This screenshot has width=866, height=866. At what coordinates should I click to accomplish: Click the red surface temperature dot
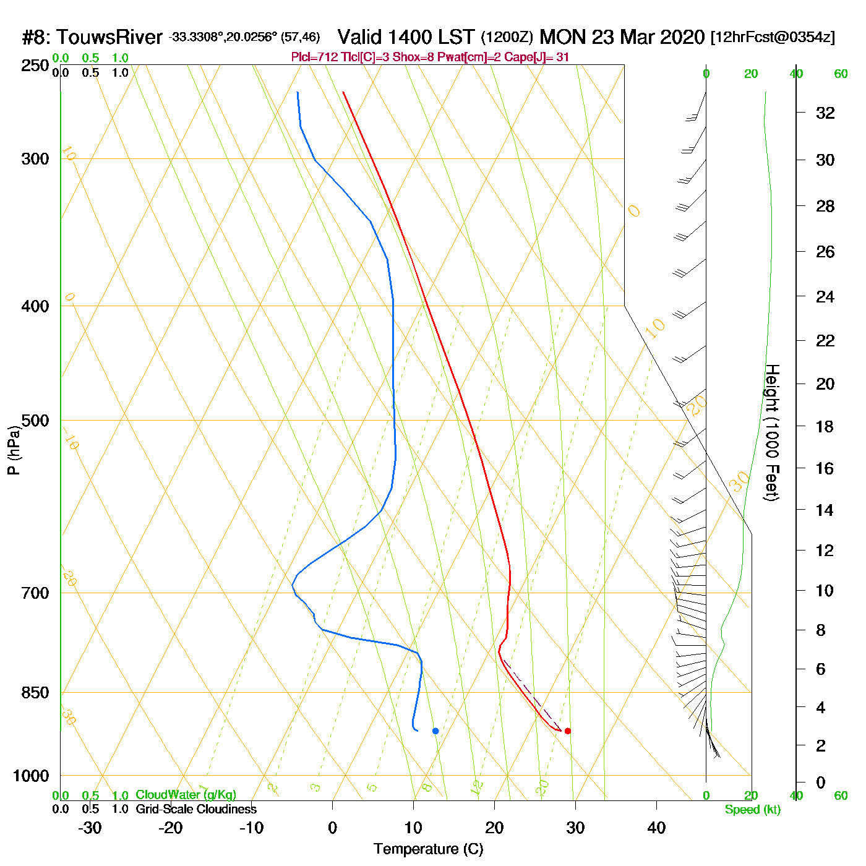568,731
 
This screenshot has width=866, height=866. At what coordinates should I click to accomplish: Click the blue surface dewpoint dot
435,731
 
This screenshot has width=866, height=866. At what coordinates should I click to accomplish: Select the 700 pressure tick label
35,593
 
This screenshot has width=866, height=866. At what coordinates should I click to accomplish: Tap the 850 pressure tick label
35,693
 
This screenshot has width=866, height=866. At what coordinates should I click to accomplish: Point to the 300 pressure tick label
35,159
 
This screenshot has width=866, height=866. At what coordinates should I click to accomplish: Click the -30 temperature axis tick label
90,828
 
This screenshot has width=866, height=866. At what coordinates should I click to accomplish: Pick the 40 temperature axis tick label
656,828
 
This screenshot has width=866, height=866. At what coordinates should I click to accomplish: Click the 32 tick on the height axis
825,113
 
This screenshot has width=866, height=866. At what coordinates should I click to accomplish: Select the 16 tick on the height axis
825,468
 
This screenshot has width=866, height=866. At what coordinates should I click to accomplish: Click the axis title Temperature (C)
428,849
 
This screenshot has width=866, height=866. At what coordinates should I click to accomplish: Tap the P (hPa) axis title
14,450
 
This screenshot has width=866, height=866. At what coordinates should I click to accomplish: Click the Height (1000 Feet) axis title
772,432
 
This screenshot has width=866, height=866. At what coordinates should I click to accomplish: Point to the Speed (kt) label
753,810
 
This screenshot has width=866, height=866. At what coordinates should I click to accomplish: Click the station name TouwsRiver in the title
109,37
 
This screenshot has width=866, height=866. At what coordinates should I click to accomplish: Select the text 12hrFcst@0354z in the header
773,37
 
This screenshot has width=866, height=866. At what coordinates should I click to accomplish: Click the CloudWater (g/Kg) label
186,795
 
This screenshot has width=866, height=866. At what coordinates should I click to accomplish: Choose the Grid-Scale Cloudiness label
196,809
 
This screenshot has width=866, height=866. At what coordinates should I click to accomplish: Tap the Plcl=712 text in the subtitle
314,58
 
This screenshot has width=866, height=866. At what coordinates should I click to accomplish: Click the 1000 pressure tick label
31,776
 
